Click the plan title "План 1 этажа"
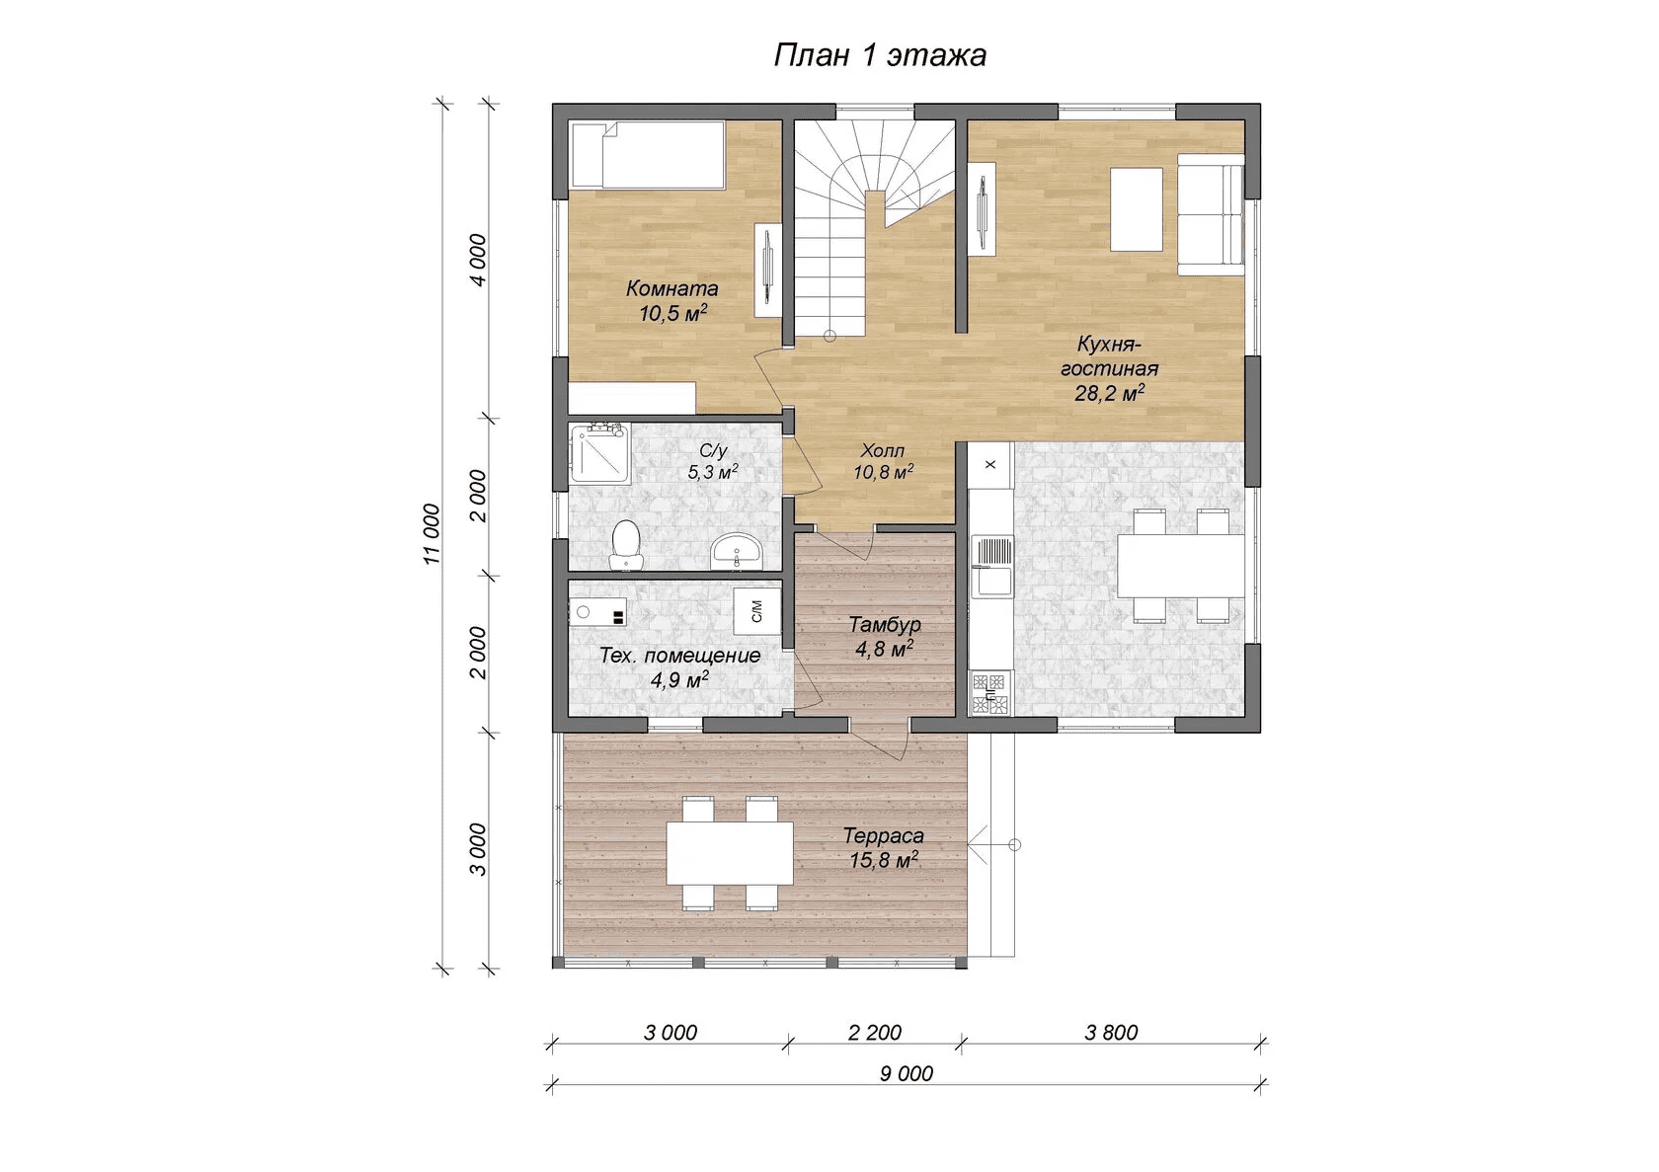(880, 55)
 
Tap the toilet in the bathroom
(626, 544)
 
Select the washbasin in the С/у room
(737, 551)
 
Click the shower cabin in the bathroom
(600, 454)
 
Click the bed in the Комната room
(647, 155)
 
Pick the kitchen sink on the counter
(991, 567)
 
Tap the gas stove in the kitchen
(991, 693)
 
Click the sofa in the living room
(1211, 214)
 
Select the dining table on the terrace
(730, 852)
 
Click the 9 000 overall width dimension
(906, 1073)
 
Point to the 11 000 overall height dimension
(432, 534)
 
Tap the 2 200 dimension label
(875, 1032)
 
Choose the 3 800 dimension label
(1111, 1032)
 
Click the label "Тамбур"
(885, 624)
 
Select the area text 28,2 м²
(1110, 392)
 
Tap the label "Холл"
(883, 450)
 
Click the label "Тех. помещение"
(679, 656)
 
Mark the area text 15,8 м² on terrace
(884, 860)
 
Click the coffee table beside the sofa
(1136, 209)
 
